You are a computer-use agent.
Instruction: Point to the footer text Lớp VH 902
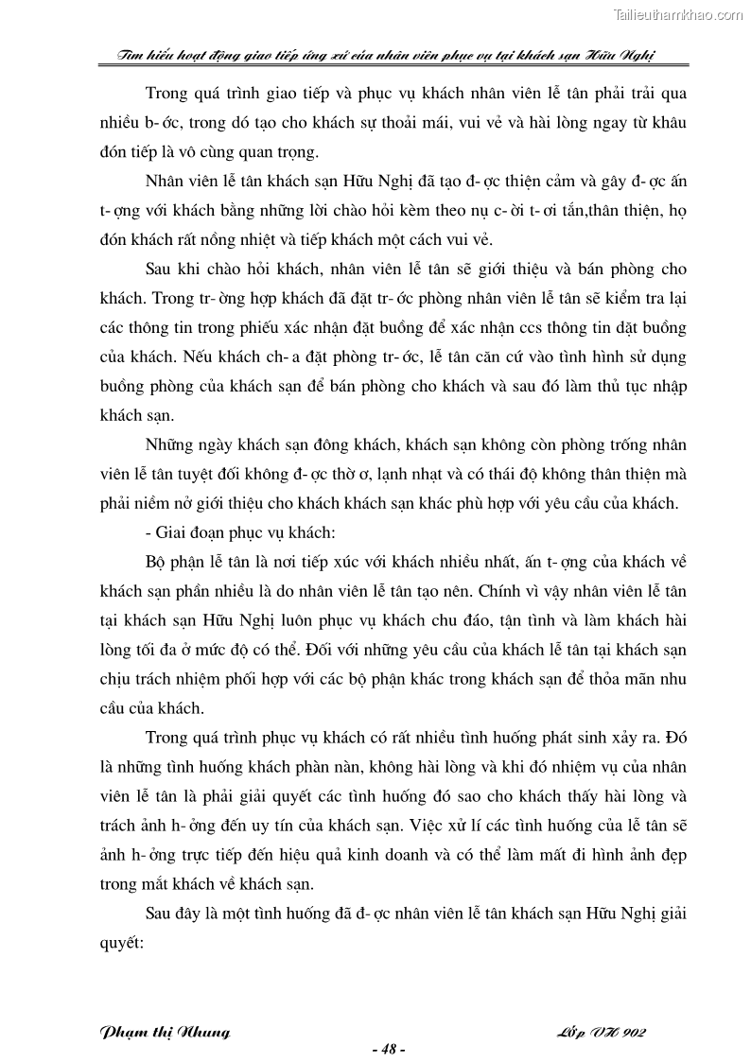coord(602,1031)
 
